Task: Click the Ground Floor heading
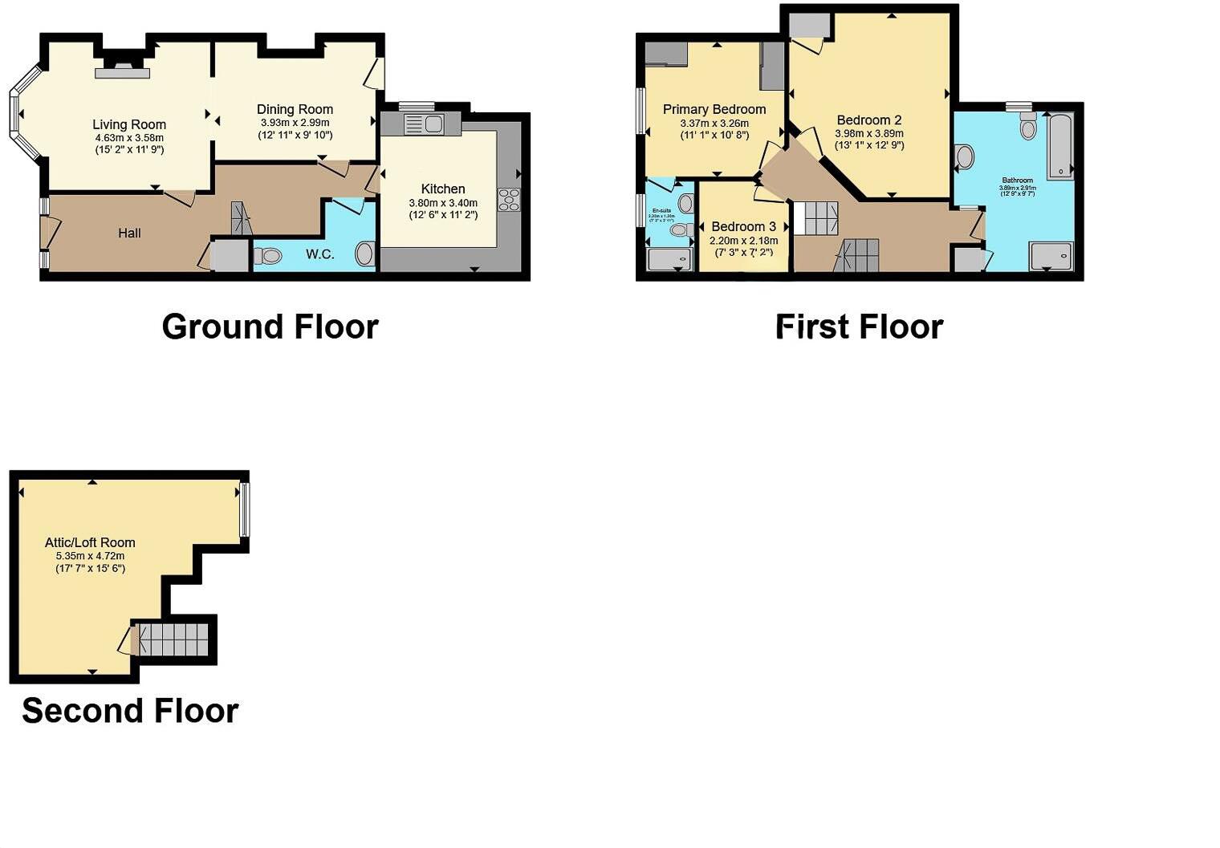[x=270, y=327]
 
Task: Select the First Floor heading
[x=859, y=327]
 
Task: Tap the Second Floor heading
[x=130, y=711]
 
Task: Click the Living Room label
[x=129, y=124]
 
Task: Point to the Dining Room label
[x=295, y=109]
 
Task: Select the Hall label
[x=129, y=233]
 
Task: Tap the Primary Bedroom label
[x=714, y=109]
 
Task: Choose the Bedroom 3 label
[x=743, y=226]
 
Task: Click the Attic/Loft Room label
[x=90, y=542]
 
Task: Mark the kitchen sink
[x=424, y=124]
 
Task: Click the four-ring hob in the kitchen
[x=509, y=199]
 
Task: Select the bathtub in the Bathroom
[x=1060, y=146]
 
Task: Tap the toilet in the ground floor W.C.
[x=269, y=256]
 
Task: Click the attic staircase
[x=173, y=639]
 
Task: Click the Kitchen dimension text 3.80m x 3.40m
[x=443, y=203]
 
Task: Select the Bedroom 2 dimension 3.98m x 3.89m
[x=869, y=134]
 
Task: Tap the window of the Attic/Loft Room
[x=245, y=509]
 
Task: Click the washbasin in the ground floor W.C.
[x=365, y=254]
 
